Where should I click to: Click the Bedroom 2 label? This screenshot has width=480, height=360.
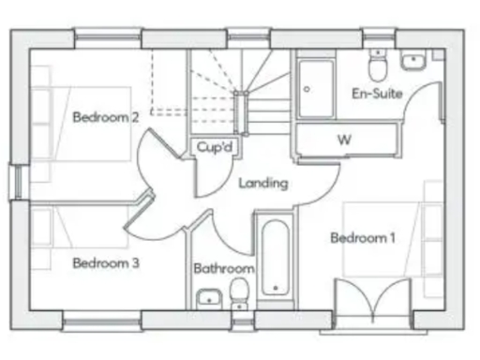(106, 117)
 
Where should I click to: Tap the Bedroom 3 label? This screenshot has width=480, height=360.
(106, 263)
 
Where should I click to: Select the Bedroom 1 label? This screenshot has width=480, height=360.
(362, 238)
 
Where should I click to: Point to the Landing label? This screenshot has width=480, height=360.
(262, 183)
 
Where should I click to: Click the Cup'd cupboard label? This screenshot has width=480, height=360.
(215, 147)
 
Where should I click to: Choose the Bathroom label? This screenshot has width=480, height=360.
(224, 269)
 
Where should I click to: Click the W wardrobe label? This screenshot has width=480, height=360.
(344, 139)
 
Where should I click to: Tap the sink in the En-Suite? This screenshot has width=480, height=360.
(413, 61)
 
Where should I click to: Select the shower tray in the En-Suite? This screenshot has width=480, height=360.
(317, 89)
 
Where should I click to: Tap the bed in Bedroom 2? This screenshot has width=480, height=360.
(80, 131)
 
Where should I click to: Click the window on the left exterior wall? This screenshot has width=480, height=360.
(16, 182)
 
